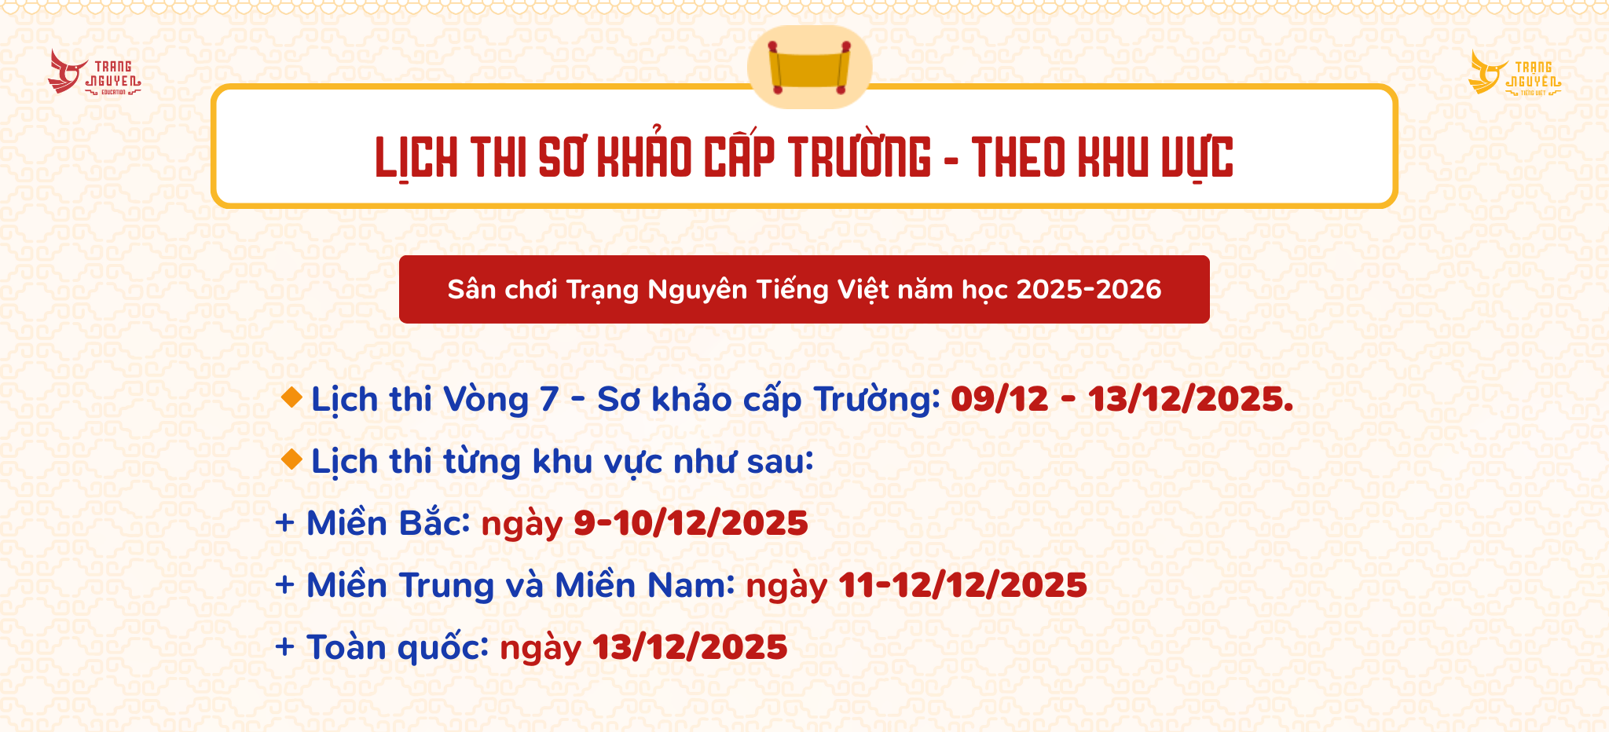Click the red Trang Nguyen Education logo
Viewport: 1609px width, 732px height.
pyautogui.click(x=94, y=72)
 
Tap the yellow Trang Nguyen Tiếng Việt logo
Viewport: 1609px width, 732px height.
pyautogui.click(x=1515, y=72)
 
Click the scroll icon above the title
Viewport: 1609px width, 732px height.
pyautogui.click(x=810, y=68)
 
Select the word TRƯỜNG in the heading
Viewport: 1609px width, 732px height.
pyautogui.click(x=859, y=156)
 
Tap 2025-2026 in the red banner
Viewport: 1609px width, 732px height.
pyautogui.click(x=1089, y=289)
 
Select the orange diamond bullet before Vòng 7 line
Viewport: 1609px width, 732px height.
pyautogui.click(x=291, y=397)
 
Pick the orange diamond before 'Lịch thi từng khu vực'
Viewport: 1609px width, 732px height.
pyautogui.click(x=291, y=459)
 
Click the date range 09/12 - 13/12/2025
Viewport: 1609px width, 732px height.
pyautogui.click(x=1122, y=399)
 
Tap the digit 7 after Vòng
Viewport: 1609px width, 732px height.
pyautogui.click(x=549, y=400)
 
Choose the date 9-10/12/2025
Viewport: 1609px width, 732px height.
pyautogui.click(x=691, y=523)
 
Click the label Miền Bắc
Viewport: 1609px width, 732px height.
pyautogui.click(x=388, y=522)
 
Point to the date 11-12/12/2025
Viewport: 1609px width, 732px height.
pyautogui.click(x=963, y=585)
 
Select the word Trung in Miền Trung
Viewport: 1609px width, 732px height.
pyautogui.click(x=446, y=586)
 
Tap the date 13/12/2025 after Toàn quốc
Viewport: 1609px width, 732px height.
pyautogui.click(x=690, y=647)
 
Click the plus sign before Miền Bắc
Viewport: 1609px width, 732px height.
pyautogui.click(x=284, y=523)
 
